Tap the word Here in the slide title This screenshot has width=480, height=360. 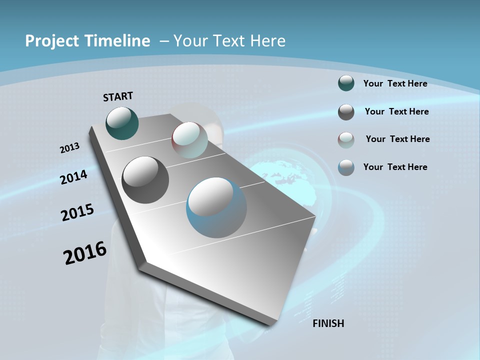267,40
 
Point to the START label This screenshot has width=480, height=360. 118,96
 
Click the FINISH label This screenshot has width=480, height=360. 328,323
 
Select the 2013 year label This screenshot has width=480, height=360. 69,148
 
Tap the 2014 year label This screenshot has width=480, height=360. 73,177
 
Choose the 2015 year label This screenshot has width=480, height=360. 77,212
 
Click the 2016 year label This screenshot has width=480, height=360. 85,253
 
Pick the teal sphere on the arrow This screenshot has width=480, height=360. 122,123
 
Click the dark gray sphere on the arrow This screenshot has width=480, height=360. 145,180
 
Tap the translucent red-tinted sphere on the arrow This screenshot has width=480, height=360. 189,139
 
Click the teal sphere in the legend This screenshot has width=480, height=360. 346,83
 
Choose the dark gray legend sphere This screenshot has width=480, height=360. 346,112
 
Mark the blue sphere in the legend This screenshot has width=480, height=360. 346,167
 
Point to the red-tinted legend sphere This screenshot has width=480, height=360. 346,139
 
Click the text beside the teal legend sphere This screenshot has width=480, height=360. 395,83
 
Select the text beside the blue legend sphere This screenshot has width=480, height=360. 395,167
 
